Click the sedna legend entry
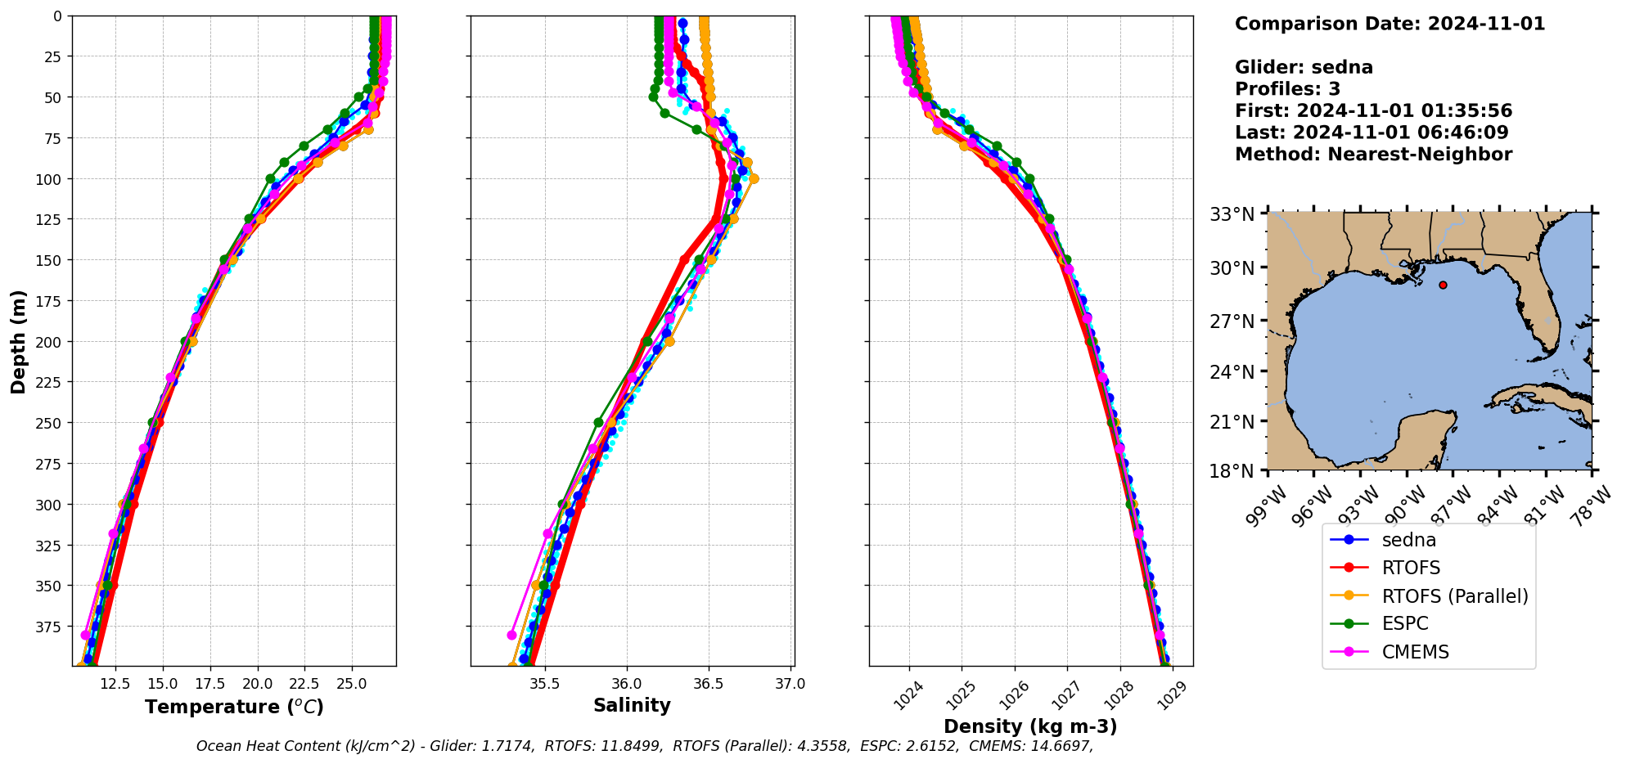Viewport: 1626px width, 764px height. (x=1408, y=540)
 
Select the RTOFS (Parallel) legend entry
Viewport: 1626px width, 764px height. (x=1454, y=596)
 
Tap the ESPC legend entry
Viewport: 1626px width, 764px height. (x=1404, y=624)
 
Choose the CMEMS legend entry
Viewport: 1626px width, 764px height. (x=1415, y=652)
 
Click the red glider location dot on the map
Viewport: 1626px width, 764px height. (x=1443, y=285)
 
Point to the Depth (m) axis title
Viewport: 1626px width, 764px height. (x=18, y=341)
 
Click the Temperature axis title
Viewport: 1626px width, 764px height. (x=234, y=707)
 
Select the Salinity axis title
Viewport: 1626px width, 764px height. (x=632, y=705)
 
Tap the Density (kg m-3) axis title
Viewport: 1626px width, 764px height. (x=1030, y=726)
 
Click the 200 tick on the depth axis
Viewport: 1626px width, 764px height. (x=51, y=341)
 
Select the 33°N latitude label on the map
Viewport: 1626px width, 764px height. (x=1232, y=214)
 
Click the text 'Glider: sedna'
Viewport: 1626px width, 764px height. (x=1304, y=67)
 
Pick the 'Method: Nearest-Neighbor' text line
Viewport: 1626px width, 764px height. (x=1373, y=154)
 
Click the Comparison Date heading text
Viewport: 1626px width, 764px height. (x=1390, y=24)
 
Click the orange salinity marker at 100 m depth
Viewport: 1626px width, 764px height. (x=753, y=178)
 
